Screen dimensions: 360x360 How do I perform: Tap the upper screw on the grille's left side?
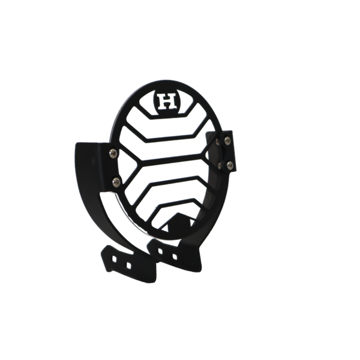pyautogui.click(x=113, y=154)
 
